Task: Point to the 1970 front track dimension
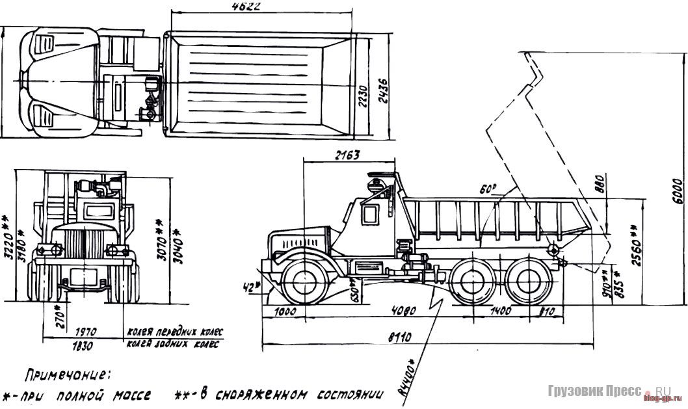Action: pyautogui.click(x=86, y=330)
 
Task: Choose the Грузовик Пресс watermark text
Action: pyautogui.click(x=589, y=393)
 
